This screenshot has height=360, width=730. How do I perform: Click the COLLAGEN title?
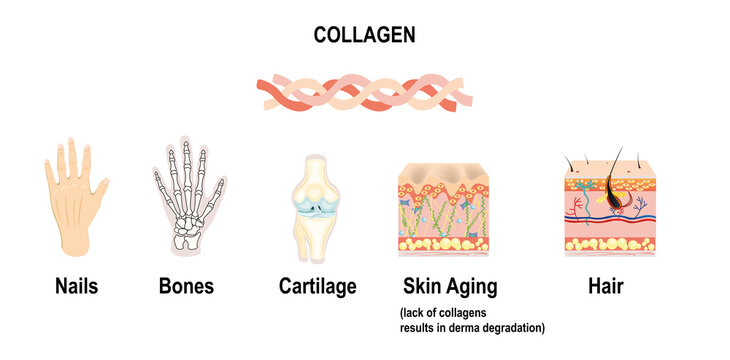click(x=365, y=35)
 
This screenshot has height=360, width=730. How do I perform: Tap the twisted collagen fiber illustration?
click(x=365, y=91)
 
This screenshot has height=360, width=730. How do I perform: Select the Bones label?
click(x=186, y=287)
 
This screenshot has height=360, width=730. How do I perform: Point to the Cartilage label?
click(x=317, y=287)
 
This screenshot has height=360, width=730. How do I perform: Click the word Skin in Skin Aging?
click(x=422, y=287)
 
